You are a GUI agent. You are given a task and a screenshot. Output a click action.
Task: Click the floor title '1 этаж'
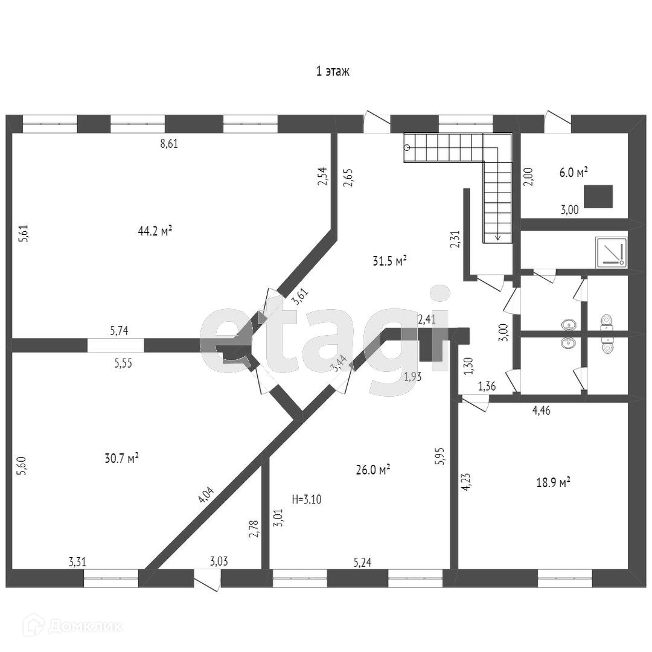(333, 71)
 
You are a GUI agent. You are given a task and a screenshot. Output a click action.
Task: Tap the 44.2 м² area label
(155, 231)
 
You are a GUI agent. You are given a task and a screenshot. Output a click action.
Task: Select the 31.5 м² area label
(389, 261)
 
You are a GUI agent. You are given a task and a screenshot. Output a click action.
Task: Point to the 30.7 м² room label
(122, 458)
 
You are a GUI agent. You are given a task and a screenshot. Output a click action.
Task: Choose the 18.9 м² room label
(553, 482)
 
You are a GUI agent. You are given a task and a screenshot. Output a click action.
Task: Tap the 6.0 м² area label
(573, 173)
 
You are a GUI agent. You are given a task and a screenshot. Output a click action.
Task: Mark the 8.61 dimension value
(168, 144)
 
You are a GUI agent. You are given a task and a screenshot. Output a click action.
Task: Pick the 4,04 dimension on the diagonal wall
(206, 494)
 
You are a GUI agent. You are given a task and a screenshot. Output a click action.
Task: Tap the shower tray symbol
(611, 252)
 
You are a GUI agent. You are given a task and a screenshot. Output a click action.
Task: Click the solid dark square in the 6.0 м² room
(598, 196)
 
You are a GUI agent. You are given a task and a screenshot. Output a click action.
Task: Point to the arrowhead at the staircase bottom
(497, 237)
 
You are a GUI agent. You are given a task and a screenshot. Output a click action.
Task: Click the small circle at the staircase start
(407, 147)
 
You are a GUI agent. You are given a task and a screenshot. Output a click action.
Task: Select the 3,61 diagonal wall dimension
(300, 298)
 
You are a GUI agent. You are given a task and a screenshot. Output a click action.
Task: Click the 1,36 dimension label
(487, 386)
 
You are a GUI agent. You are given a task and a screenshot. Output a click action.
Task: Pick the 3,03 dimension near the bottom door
(219, 561)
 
